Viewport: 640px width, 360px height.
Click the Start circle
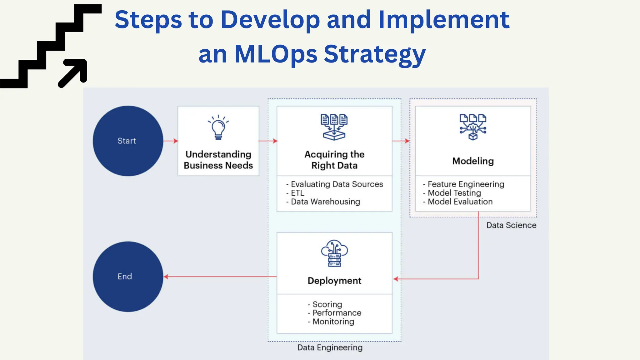[128, 141]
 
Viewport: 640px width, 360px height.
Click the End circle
[128, 277]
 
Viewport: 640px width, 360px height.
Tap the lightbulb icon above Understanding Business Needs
[218, 127]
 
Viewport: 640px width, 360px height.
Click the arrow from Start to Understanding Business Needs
[171, 141]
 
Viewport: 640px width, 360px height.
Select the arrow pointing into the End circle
[219, 277]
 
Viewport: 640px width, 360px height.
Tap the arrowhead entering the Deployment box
[396, 279]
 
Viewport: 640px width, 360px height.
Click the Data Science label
[511, 225]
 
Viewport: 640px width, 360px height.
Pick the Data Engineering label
[330, 347]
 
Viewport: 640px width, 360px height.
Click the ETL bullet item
[297, 193]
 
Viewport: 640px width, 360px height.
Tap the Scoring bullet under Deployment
[327, 304]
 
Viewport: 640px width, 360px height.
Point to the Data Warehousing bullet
[325, 202]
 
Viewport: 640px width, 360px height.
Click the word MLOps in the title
[276, 54]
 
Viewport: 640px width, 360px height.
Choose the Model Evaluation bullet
[460, 202]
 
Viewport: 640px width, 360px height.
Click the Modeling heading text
[473, 161]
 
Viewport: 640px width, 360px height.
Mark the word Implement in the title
[444, 20]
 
